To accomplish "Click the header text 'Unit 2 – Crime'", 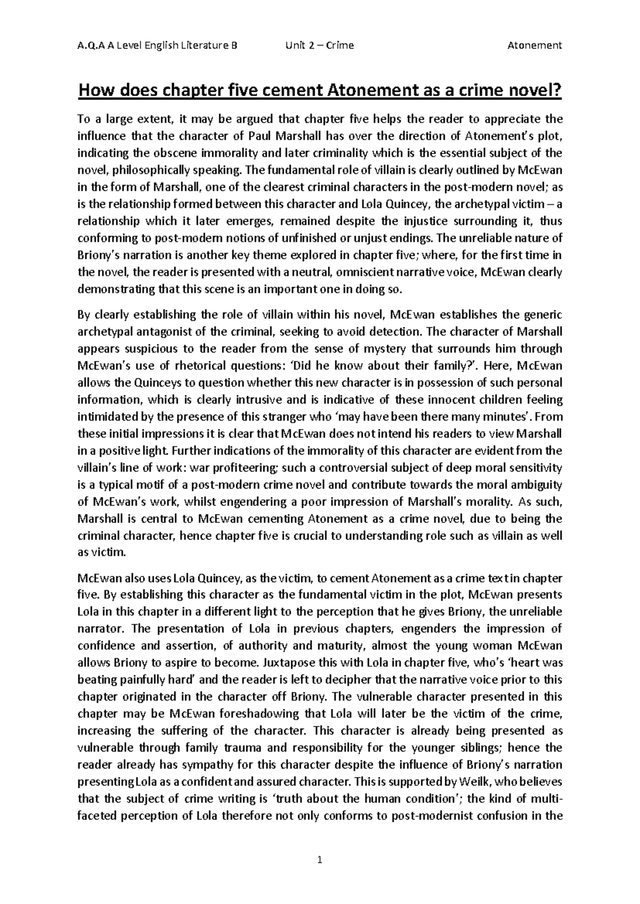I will pyautogui.click(x=319, y=45).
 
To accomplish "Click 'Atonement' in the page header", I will pyautogui.click(x=534, y=45).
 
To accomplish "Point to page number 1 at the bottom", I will pyautogui.click(x=320, y=859).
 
